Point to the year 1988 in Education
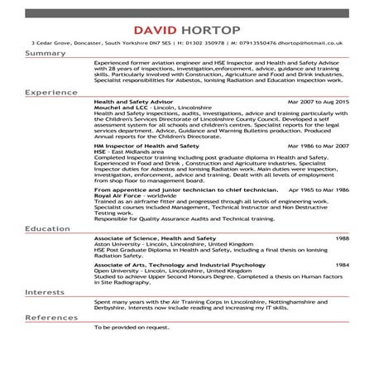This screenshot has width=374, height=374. tap(342, 236)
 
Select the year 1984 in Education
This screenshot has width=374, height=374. tap(342, 263)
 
